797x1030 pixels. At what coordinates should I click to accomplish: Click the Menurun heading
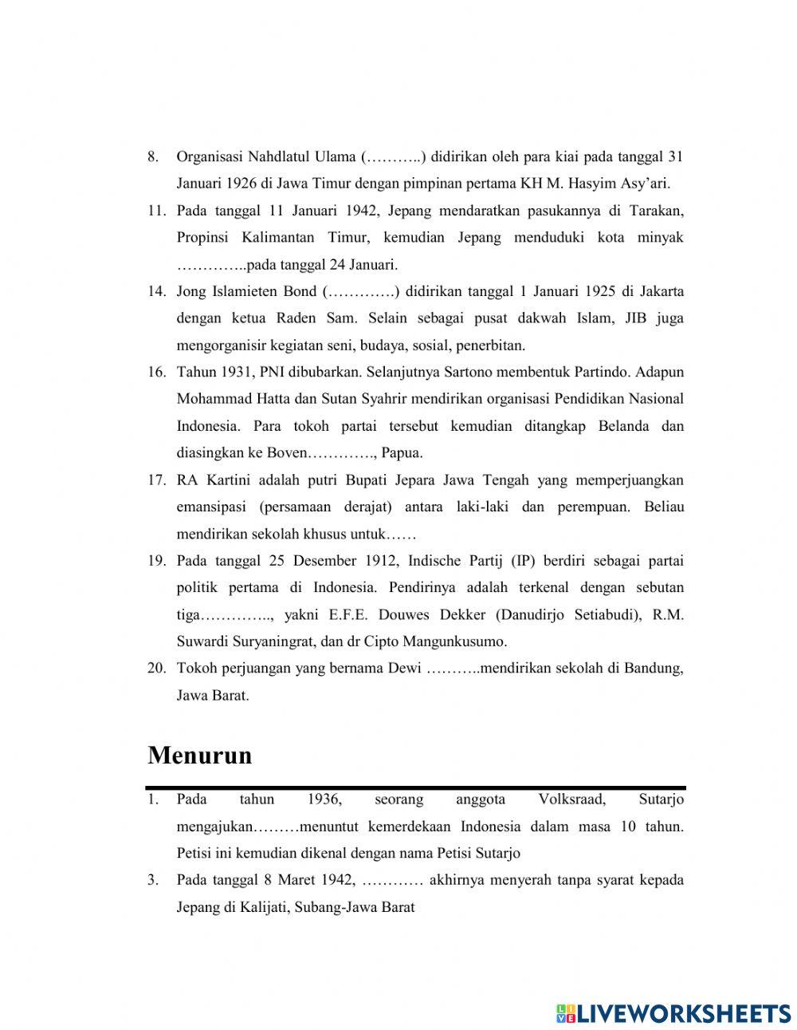click(x=199, y=755)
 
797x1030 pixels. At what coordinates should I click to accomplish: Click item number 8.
click(x=153, y=156)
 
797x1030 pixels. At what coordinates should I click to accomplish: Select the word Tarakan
click(x=656, y=211)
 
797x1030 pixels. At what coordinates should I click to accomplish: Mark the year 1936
click(x=324, y=799)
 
